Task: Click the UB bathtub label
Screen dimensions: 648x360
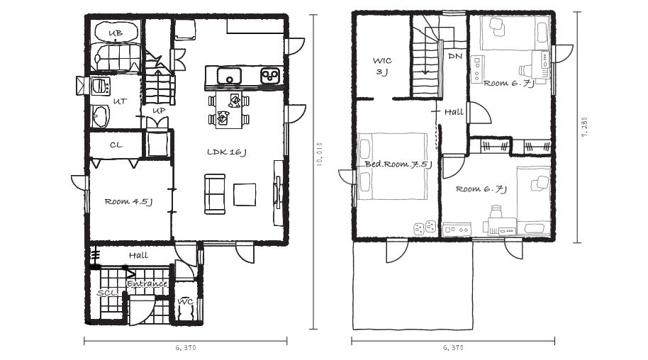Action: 116,33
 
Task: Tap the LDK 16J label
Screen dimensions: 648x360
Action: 227,152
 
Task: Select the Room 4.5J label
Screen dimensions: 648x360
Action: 128,202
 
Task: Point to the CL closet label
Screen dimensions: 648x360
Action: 116,145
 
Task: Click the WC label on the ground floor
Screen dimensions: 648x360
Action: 185,302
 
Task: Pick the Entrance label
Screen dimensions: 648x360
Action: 147,284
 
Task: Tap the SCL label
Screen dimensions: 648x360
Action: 108,293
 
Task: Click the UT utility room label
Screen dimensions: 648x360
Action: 120,101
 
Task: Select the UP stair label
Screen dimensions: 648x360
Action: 159,111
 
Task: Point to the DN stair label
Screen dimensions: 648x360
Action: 455,56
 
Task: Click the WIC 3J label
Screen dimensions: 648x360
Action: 382,66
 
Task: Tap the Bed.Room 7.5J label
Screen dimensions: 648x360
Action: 398,164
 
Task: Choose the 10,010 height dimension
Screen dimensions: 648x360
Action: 318,154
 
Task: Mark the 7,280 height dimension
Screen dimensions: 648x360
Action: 584,126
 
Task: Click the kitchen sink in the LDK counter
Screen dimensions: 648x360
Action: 229,76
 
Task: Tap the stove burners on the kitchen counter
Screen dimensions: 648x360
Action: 270,76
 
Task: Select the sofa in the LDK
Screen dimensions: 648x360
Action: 215,194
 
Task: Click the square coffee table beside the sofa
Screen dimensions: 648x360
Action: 245,195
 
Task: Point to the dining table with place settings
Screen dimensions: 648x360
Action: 228,110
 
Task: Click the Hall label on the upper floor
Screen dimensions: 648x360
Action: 454,112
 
